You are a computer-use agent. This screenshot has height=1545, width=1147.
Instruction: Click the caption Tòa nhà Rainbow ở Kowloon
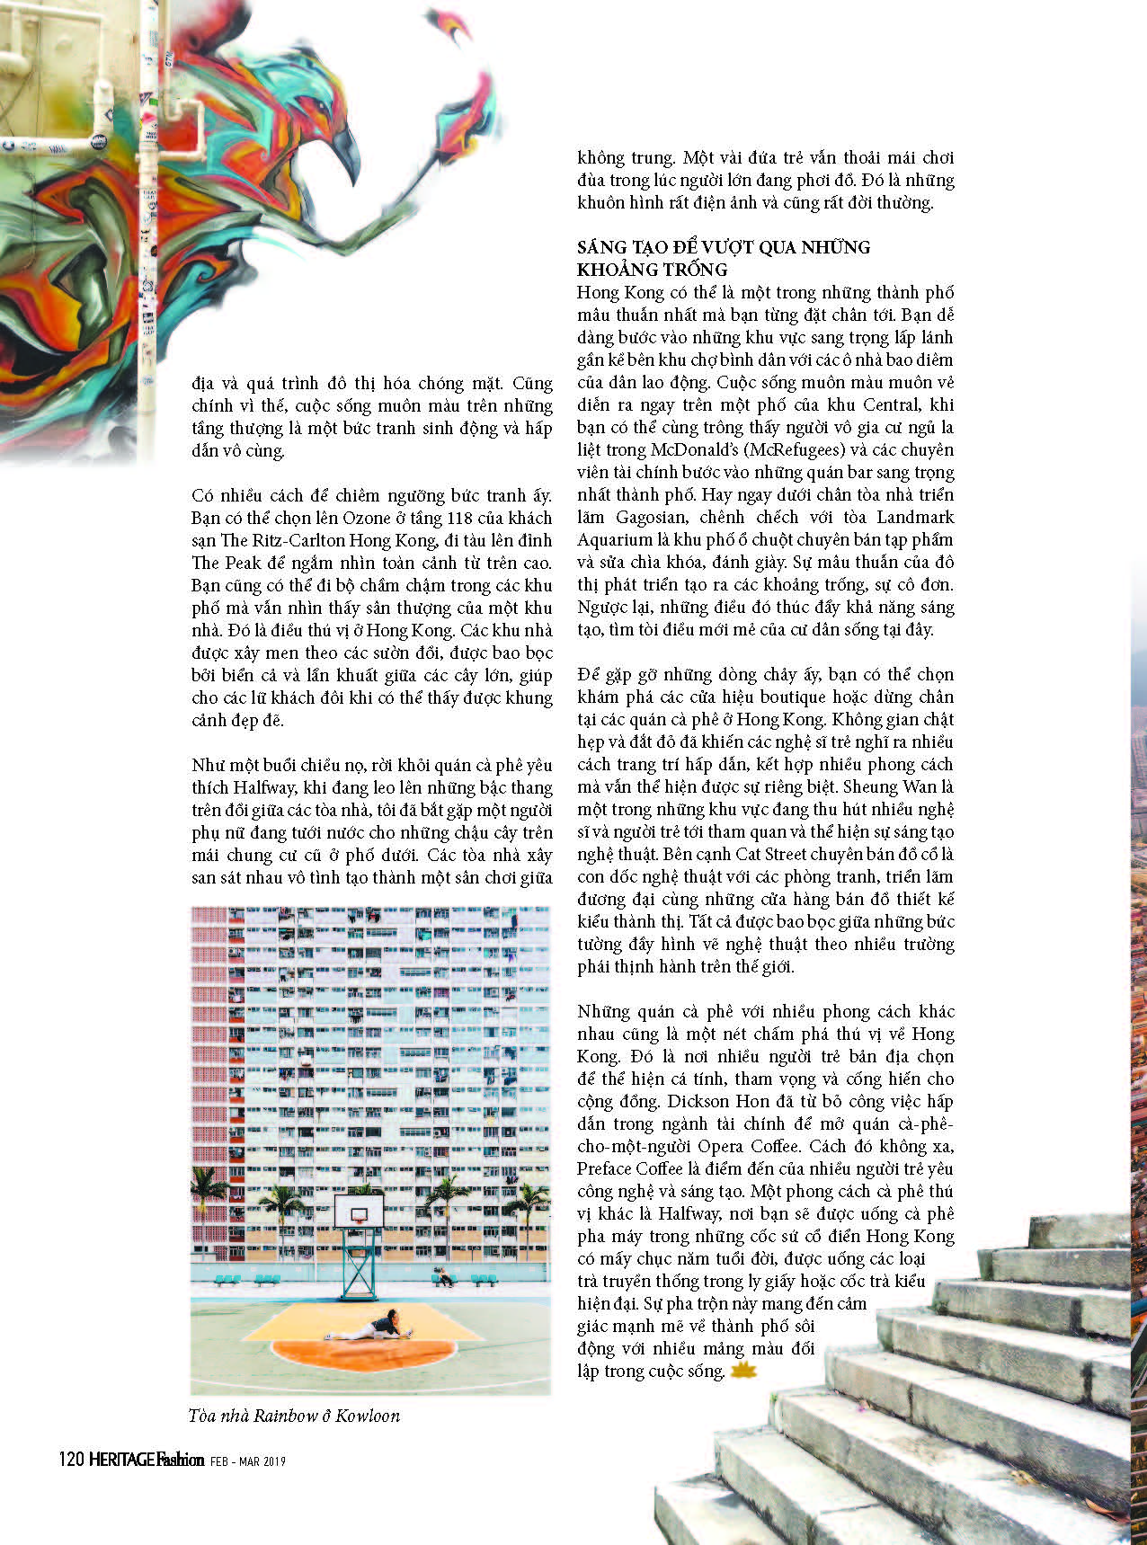point(295,1416)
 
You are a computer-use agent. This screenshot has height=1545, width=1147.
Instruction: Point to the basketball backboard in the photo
point(359,1210)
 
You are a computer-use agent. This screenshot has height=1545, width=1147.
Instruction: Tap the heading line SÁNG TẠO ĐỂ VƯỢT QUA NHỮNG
point(724,247)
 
